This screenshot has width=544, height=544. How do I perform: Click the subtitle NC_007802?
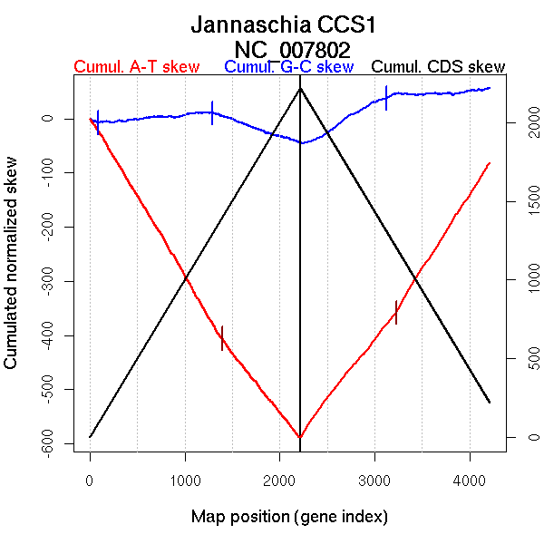(292, 48)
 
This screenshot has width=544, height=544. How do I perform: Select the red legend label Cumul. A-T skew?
(136, 67)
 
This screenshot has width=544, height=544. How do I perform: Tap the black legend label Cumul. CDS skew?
(439, 67)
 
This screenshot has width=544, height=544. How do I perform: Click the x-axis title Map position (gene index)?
(289, 517)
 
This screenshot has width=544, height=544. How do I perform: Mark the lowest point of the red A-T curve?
(300, 437)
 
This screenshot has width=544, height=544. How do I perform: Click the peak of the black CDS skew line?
(300, 88)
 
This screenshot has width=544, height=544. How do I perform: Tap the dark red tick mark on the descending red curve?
(221, 337)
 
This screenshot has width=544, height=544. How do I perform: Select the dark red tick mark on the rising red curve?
(396, 312)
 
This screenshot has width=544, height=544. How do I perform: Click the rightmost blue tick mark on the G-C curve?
(386, 98)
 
